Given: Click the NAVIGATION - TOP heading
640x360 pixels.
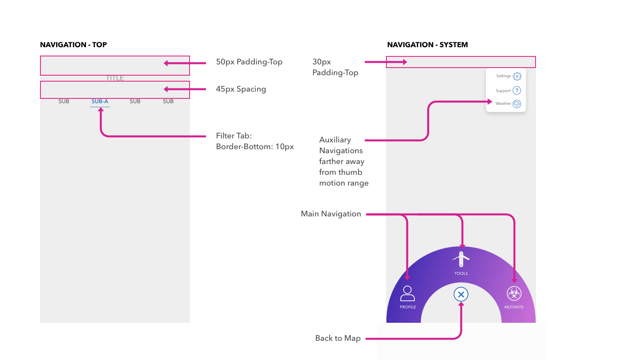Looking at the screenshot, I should point(74,45).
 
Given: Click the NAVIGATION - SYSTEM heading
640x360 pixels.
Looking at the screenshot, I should point(427,45).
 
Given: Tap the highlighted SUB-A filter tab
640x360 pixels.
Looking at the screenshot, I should point(100,102).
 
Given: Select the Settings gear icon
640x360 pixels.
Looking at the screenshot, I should point(517,76).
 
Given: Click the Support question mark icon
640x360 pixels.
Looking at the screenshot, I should point(517,90).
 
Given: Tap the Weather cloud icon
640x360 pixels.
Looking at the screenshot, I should point(517,104).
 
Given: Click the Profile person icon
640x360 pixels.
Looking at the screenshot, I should point(408,294).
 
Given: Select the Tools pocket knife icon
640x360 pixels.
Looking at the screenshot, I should point(461,259).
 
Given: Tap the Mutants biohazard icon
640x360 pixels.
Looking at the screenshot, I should point(514,294).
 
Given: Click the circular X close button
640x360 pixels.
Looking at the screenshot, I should point(461,295).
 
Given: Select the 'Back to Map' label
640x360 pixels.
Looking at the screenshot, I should point(338,338).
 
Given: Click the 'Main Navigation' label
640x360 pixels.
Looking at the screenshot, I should point(331,214).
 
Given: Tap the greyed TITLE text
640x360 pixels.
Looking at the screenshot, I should point(115,78).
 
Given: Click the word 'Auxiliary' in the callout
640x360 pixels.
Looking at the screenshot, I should point(335,140).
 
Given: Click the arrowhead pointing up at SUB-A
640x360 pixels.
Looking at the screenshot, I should point(101,110).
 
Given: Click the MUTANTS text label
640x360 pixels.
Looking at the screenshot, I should point(514,307).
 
